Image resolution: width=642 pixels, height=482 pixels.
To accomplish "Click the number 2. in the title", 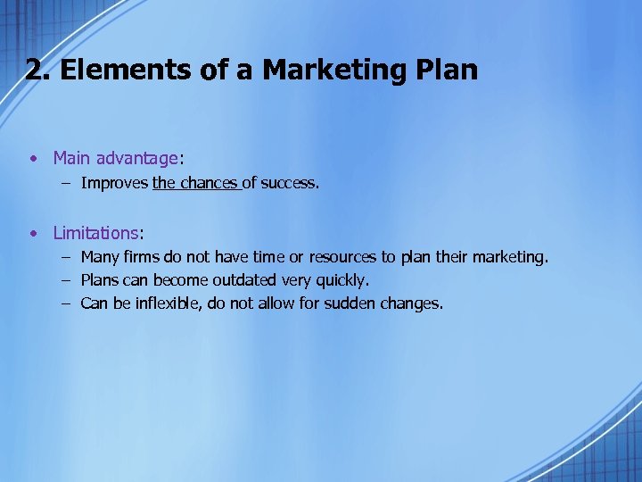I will (x=37, y=71).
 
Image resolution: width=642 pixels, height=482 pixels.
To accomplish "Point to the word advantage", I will (x=137, y=159).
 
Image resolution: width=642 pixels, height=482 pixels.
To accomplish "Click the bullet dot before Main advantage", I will (x=32, y=159).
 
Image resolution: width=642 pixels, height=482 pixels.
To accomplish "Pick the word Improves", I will (x=114, y=184).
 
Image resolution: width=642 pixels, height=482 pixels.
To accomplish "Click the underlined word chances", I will (x=210, y=184).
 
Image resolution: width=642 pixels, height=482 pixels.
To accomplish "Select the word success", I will (x=289, y=184).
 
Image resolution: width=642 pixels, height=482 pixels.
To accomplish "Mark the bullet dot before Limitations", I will (x=32, y=234).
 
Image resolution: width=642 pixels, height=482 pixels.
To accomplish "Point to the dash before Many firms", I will (x=67, y=258).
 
